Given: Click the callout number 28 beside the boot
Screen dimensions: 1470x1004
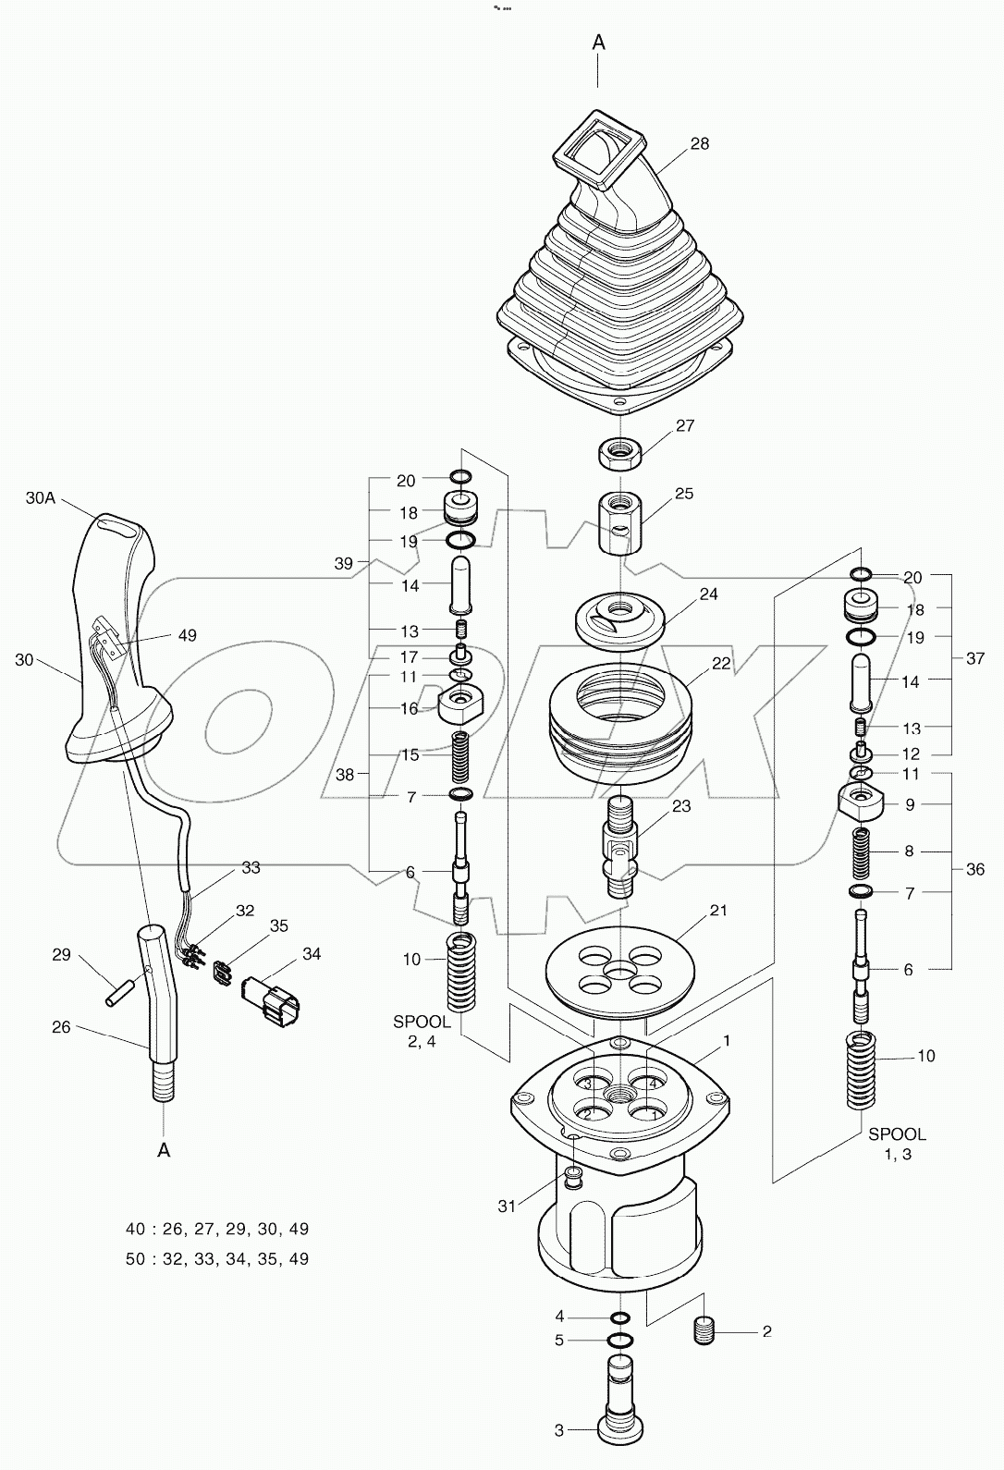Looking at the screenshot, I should click(699, 143).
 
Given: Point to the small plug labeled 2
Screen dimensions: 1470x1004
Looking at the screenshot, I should click(705, 1331).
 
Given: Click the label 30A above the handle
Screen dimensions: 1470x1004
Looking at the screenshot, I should click(42, 497).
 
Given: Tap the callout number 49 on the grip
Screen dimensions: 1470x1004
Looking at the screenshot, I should click(188, 635).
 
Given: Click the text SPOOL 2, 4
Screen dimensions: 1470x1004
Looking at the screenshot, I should click(422, 1031).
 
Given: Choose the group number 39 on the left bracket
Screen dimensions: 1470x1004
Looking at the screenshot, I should click(343, 563).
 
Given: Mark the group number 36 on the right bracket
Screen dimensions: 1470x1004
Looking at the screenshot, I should click(974, 869).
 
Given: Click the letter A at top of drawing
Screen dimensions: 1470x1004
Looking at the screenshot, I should click(598, 42).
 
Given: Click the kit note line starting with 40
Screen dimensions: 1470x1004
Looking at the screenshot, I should click(217, 1229).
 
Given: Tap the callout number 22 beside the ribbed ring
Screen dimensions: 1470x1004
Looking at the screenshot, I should click(721, 663).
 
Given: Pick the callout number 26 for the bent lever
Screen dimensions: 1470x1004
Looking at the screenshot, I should click(61, 1027).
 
